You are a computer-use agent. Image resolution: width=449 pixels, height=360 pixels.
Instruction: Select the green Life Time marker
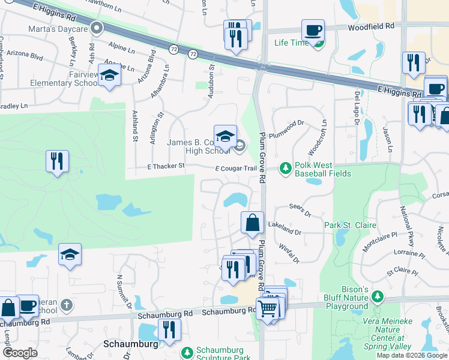pos(319,43)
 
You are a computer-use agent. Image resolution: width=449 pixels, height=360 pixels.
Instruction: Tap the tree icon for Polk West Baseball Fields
pos(286,167)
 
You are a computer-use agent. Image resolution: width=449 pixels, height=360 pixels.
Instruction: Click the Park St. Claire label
pos(350,225)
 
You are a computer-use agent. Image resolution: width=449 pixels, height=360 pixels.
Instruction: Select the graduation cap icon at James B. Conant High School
pos(225,136)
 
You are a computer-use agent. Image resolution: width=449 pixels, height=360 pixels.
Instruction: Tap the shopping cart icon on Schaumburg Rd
pos(268,309)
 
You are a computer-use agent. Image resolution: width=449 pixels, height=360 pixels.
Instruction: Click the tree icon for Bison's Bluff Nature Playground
pos(377,296)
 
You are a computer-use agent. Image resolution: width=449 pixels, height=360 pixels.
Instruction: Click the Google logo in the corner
pos(20,352)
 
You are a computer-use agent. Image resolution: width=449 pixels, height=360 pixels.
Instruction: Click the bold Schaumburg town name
pos(130,344)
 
